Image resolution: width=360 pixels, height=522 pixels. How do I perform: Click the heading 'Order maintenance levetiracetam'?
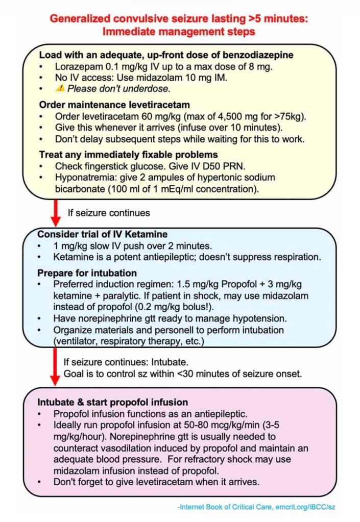tap(104, 105)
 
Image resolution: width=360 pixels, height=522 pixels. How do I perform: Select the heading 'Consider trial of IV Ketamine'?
tap(102, 234)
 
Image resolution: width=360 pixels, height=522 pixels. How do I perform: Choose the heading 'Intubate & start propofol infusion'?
tap(112, 403)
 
